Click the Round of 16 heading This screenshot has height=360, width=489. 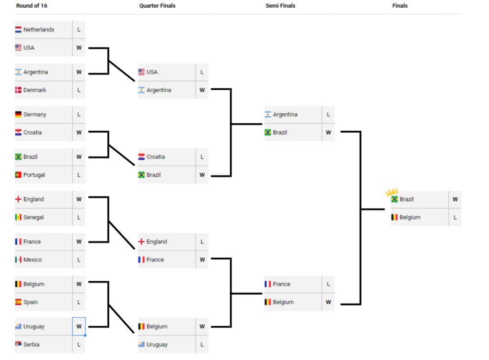click(x=32, y=6)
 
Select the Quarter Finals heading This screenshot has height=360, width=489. click(x=157, y=6)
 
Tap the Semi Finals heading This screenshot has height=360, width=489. click(x=280, y=6)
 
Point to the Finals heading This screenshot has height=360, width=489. click(x=400, y=6)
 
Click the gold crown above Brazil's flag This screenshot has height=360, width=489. click(x=392, y=192)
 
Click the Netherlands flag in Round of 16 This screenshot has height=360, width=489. click(x=19, y=30)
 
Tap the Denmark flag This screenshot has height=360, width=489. click(x=19, y=90)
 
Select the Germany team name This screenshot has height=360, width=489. click(x=35, y=115)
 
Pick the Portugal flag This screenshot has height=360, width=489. click(x=19, y=175)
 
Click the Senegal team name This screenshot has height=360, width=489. click(x=33, y=217)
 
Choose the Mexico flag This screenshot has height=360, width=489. click(x=19, y=260)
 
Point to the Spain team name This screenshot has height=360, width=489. click(x=31, y=302)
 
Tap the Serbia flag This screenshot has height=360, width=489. click(x=19, y=345)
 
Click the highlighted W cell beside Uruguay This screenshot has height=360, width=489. click(x=79, y=327)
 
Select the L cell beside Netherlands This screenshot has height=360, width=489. click(x=79, y=30)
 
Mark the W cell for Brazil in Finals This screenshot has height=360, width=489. click(x=455, y=200)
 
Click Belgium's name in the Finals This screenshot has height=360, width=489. click(x=410, y=217)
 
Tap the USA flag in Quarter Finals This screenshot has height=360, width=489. click(x=142, y=72)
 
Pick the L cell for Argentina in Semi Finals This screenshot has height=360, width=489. click(x=328, y=115)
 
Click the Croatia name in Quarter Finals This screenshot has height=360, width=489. click(x=156, y=157)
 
